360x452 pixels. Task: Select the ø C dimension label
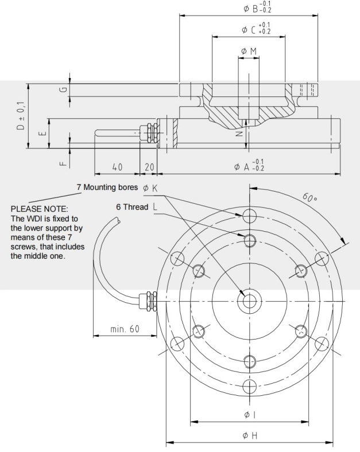(256, 28)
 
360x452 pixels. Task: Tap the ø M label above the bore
(249, 51)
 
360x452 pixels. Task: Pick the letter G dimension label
(63, 89)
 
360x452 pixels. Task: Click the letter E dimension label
(42, 133)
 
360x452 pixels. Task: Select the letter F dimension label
(63, 163)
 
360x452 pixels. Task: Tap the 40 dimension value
(117, 166)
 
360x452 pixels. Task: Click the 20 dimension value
(149, 166)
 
